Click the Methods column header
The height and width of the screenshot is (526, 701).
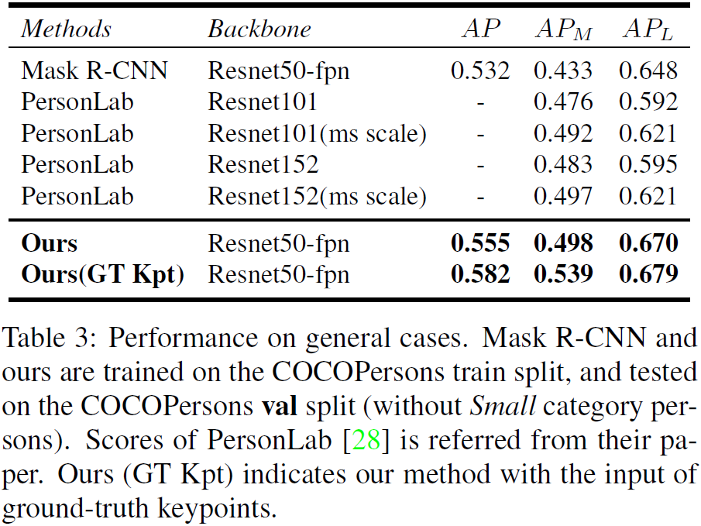click(x=66, y=29)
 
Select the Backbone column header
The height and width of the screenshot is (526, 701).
click(x=259, y=29)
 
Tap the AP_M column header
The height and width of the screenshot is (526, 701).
click(x=564, y=30)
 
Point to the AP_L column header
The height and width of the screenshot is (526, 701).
click(x=648, y=30)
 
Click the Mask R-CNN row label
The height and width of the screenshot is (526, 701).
click(x=94, y=72)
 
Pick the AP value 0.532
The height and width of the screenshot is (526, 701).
click(x=480, y=72)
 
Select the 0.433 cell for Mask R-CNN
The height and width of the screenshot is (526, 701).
click(x=563, y=72)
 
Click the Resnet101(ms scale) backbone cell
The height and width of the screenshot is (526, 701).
click(x=317, y=134)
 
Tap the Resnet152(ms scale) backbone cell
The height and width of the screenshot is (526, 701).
click(x=317, y=197)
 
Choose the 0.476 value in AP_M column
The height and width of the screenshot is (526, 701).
click(x=563, y=103)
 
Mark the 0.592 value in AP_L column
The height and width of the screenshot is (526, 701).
click(x=648, y=103)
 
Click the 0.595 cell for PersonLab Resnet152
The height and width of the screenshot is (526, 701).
click(x=648, y=165)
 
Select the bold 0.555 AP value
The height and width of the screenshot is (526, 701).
click(x=480, y=244)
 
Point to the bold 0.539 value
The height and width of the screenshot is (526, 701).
click(x=563, y=275)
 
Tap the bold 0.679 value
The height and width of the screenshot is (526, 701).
click(x=648, y=275)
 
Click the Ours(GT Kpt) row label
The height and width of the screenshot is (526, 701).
click(x=102, y=275)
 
